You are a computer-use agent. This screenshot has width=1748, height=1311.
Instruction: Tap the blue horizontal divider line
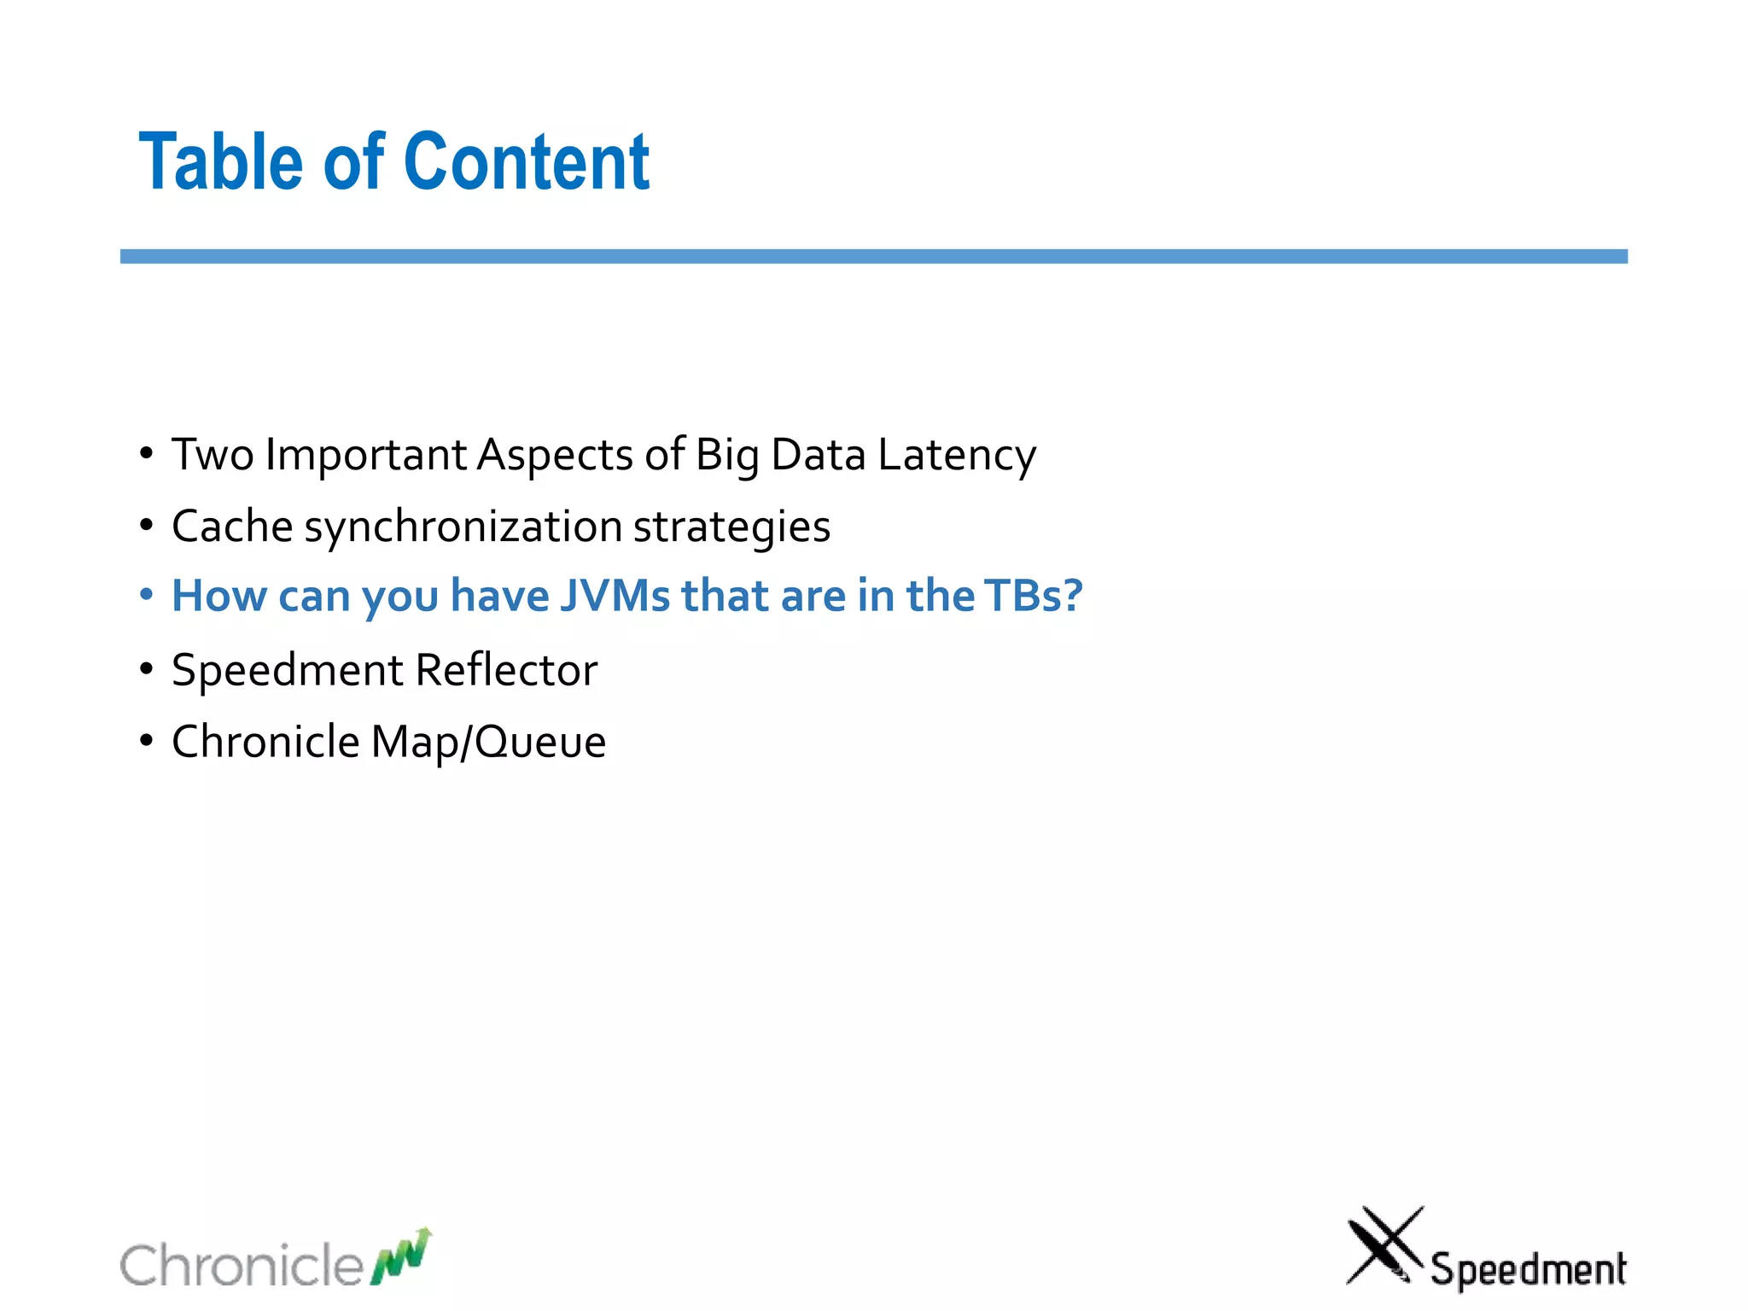click(873, 256)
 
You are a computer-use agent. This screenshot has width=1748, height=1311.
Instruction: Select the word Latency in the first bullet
click(957, 455)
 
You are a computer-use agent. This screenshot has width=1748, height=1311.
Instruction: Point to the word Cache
click(232, 526)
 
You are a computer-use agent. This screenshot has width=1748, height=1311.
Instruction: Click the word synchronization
click(463, 527)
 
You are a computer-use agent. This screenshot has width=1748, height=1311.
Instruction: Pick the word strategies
click(731, 527)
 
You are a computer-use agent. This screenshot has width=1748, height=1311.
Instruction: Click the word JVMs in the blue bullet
click(615, 596)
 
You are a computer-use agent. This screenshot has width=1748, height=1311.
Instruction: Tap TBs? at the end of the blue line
click(1033, 596)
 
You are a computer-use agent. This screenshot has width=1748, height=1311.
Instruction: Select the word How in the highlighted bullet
click(218, 596)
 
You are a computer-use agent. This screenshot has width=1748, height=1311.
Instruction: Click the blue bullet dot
click(147, 594)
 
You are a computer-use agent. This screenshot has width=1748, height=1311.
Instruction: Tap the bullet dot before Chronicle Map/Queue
click(147, 740)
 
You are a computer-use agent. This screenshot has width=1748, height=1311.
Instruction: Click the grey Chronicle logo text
click(242, 1264)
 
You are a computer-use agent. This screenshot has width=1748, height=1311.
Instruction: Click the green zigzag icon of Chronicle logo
click(401, 1256)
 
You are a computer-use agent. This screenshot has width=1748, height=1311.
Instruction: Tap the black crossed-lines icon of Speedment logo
click(1384, 1245)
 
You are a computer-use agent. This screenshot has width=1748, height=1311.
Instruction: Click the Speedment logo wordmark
click(1528, 1268)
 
